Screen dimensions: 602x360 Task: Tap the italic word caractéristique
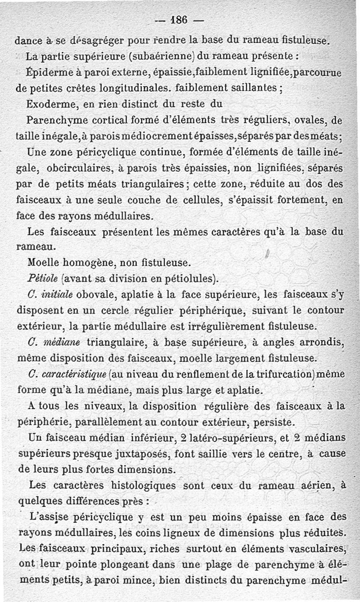click(75, 374)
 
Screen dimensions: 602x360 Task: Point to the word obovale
click(97, 294)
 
